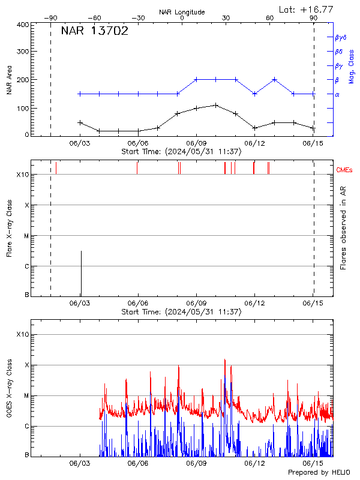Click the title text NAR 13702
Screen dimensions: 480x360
click(95, 32)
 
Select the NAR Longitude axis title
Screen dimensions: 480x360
click(182, 11)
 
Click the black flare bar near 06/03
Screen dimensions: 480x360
click(81, 273)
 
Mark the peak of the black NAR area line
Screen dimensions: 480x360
click(215, 105)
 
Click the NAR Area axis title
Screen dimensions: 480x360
click(9, 82)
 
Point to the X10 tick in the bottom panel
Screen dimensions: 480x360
click(22, 334)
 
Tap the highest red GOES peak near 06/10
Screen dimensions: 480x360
click(225, 359)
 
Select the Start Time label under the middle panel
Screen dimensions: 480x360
click(181, 312)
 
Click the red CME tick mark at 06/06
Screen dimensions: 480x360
click(137, 167)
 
